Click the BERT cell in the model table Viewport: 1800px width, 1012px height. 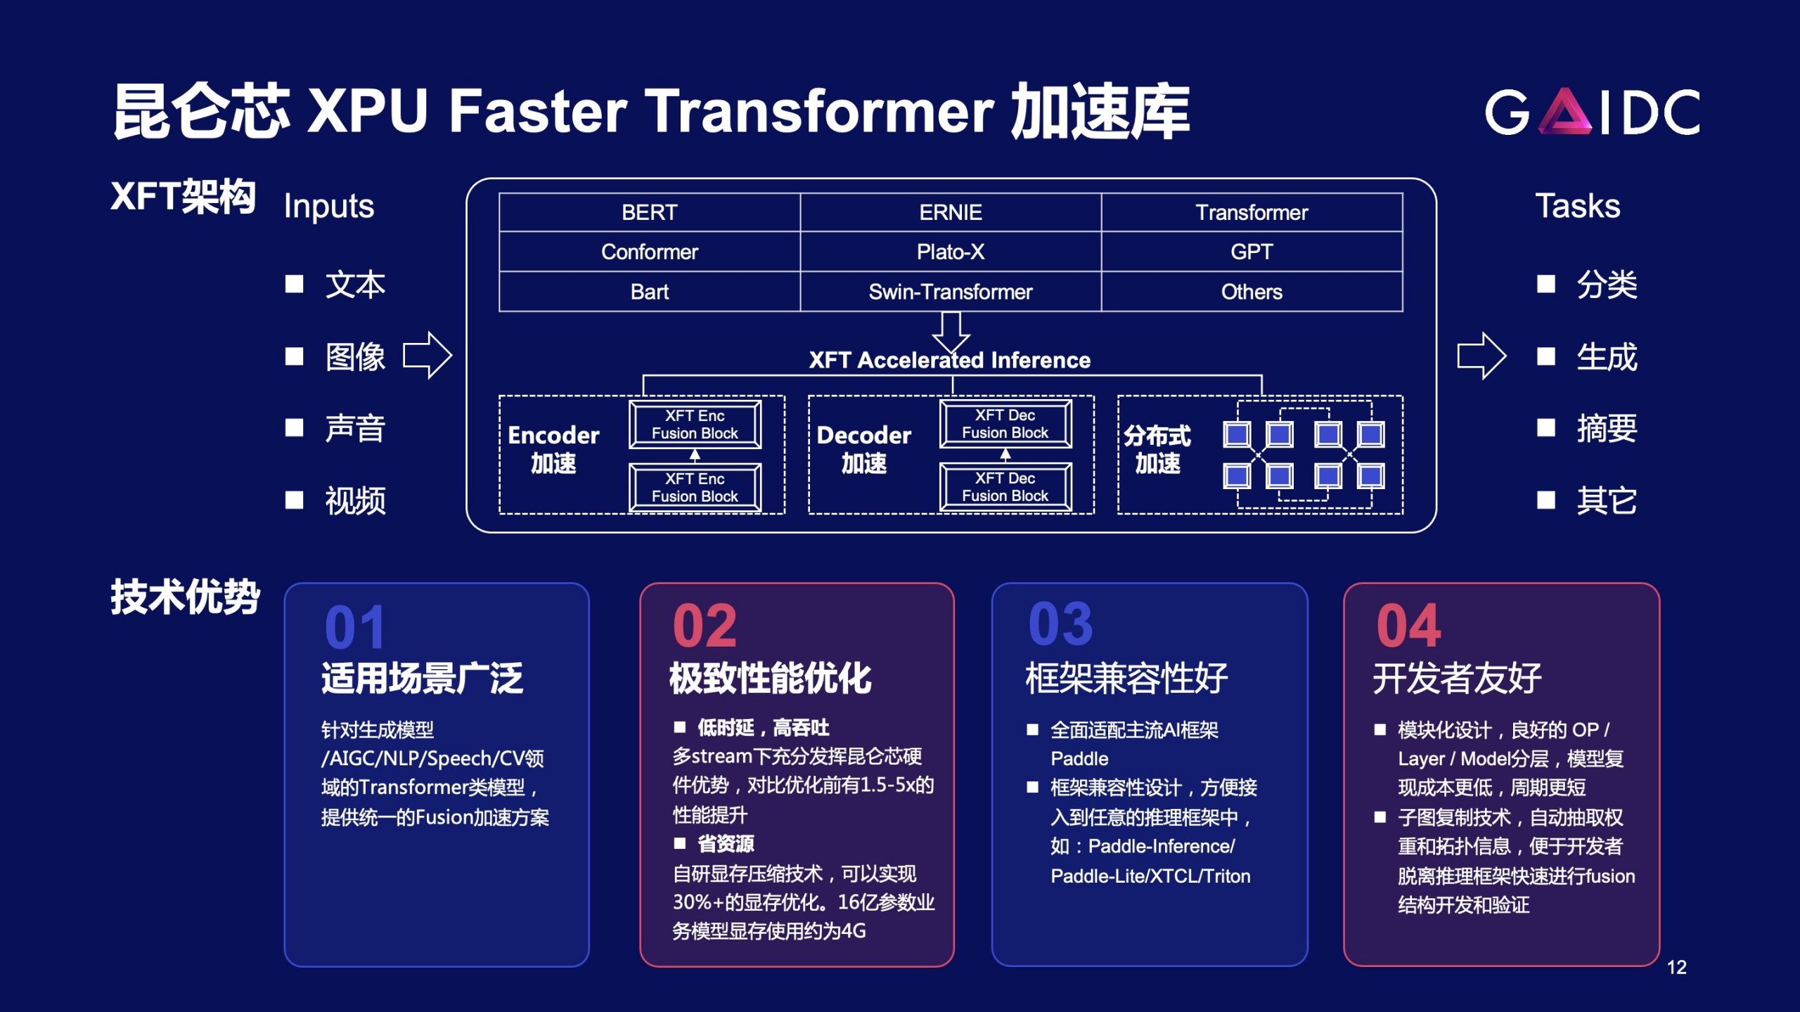tap(649, 212)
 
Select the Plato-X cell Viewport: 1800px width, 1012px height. tap(951, 252)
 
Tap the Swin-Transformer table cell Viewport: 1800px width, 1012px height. tap(951, 292)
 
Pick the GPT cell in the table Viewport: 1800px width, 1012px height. tap(1252, 252)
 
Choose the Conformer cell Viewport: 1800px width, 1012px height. tap(649, 252)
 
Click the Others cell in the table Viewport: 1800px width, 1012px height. tap(1252, 292)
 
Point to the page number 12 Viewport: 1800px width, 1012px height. tap(1677, 968)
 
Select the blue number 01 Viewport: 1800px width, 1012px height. tap(355, 627)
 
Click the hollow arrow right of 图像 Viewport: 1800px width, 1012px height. tap(427, 356)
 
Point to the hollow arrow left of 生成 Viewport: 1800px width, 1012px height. tap(1481, 356)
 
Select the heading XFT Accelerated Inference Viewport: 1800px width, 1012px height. tap(950, 361)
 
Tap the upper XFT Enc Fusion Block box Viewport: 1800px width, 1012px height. tap(695, 424)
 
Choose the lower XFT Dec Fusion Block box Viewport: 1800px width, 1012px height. tap(1005, 487)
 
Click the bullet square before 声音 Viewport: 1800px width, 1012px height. tap(294, 427)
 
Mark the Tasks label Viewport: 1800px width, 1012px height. tap(1578, 206)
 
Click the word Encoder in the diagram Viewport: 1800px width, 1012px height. tap(553, 436)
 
